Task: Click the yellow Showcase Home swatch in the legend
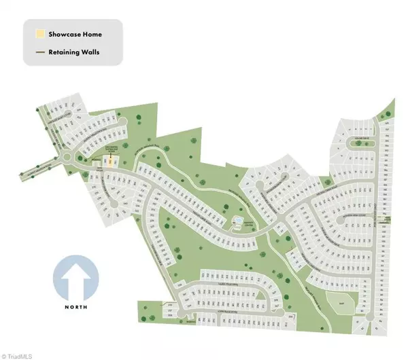coord(40,33)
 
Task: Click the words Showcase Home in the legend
coord(75,33)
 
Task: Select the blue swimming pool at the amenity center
coord(237,222)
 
